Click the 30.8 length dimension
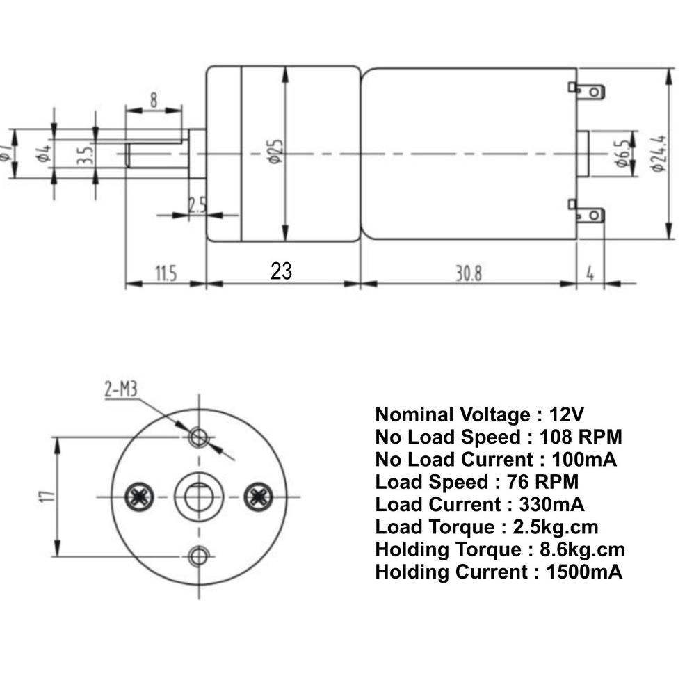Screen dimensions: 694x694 tap(468, 273)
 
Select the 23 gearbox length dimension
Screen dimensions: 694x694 tap(282, 271)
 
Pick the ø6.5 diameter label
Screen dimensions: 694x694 tap(622, 152)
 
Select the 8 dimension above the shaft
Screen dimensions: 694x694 tap(153, 99)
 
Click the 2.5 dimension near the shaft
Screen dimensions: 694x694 tap(197, 204)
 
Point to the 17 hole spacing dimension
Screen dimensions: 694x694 tap(46, 497)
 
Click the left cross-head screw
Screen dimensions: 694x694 tap(138, 496)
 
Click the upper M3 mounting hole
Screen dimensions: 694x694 tap(200, 437)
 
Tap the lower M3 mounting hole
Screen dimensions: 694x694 tap(200, 556)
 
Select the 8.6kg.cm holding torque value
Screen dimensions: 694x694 tap(582, 550)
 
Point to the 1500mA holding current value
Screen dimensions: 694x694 tap(584, 572)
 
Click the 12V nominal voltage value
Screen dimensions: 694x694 tap(567, 415)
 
